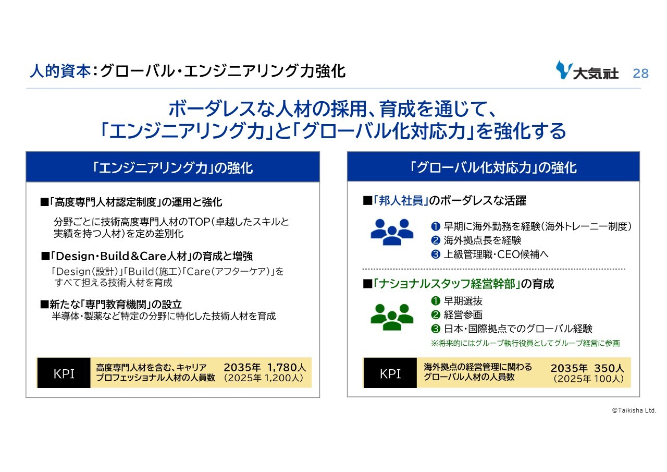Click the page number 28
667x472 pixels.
click(x=640, y=74)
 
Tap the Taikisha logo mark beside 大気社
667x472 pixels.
click(x=564, y=70)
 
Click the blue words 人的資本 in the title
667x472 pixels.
click(x=60, y=71)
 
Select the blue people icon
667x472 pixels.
click(x=392, y=232)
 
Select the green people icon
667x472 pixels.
click(x=392, y=317)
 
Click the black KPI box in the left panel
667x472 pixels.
click(x=64, y=373)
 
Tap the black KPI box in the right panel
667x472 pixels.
click(x=390, y=373)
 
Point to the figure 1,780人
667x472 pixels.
click(x=287, y=367)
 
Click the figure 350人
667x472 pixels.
click(x=609, y=368)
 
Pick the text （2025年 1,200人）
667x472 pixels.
click(x=264, y=378)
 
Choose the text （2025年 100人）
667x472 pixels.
click(x=588, y=379)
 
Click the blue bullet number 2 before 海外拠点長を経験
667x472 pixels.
click(x=435, y=240)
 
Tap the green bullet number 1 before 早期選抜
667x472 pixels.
click(x=435, y=300)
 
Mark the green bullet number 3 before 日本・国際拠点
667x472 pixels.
click(x=435, y=329)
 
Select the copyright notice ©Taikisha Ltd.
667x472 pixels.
click(x=634, y=410)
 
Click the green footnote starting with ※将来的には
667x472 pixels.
click(x=526, y=343)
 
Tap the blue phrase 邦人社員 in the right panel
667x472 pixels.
click(x=401, y=201)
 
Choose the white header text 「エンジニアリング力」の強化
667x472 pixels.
click(x=172, y=168)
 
